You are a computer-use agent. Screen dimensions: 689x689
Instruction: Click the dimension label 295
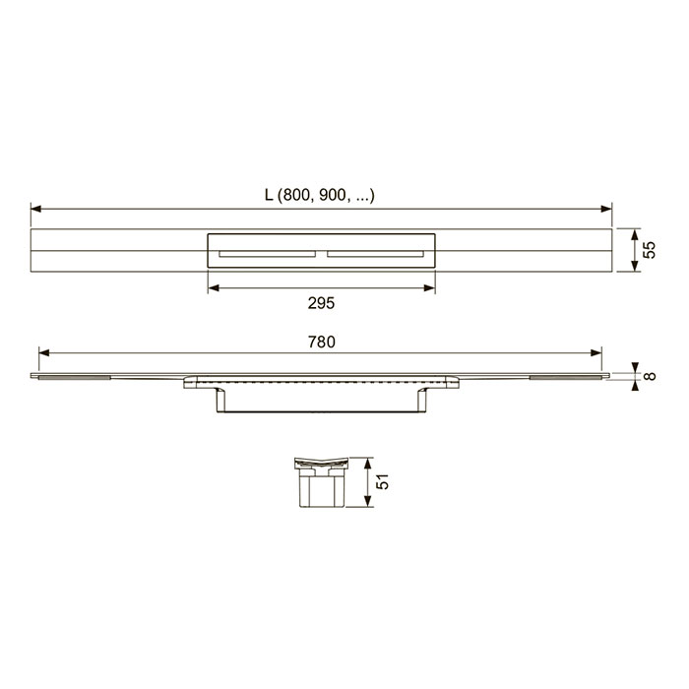point(321,303)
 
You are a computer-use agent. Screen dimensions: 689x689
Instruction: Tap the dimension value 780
point(322,342)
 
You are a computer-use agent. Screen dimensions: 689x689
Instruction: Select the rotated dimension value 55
point(649,250)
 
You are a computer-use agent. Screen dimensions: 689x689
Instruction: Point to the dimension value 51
point(382,481)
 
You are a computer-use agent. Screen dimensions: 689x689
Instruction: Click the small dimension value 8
point(650,376)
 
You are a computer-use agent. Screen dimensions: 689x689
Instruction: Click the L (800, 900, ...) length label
point(320,195)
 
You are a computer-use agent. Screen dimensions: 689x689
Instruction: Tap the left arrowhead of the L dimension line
point(36,209)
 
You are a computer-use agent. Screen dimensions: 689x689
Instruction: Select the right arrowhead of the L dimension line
point(606,209)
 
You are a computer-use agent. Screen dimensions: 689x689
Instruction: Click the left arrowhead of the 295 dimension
point(214,288)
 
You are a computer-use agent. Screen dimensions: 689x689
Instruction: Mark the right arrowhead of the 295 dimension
point(429,288)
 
